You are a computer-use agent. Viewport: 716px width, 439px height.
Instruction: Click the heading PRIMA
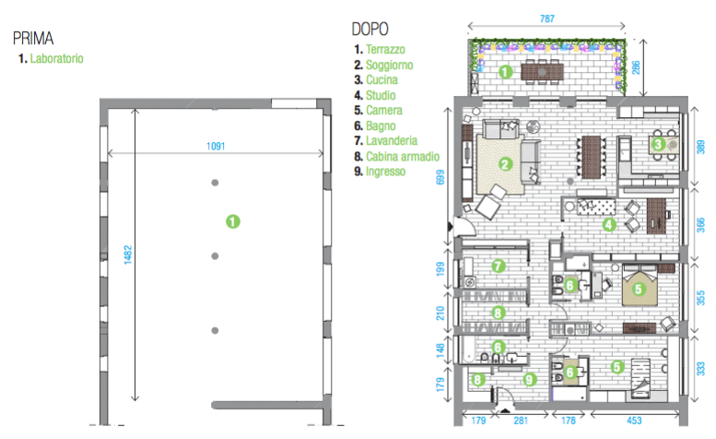tap(33, 39)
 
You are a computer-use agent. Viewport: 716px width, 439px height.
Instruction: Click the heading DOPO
tap(370, 30)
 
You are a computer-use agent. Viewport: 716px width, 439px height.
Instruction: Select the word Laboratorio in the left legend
tap(56, 58)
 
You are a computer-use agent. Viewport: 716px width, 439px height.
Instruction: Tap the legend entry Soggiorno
tap(389, 65)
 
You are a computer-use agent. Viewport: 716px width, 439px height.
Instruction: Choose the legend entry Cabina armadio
tap(403, 156)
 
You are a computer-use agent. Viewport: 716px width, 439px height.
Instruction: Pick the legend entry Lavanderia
tap(392, 141)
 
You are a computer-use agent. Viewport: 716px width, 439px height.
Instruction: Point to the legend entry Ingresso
tap(385, 172)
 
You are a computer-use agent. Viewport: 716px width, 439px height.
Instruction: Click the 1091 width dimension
tap(216, 147)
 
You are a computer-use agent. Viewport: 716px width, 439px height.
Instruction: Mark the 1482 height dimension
tap(128, 255)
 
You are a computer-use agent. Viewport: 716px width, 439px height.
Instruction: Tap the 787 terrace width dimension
tap(547, 18)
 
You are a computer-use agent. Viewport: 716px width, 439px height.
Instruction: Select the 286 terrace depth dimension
tap(636, 67)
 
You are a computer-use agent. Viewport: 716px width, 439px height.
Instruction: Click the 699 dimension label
tap(440, 177)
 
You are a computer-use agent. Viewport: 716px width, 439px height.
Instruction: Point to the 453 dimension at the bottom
tap(634, 421)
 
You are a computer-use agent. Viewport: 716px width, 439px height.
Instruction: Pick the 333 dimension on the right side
tap(701, 369)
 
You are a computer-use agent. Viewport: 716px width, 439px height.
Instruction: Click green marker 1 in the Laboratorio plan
tap(233, 221)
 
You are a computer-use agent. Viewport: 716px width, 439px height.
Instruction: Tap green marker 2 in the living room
tap(505, 164)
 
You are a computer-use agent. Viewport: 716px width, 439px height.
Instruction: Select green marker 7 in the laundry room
tap(499, 266)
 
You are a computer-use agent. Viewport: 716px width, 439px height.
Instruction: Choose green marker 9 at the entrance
tap(530, 379)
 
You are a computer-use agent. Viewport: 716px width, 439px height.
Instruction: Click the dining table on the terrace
tap(542, 72)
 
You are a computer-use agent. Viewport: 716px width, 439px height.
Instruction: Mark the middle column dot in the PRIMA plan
tap(215, 256)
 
